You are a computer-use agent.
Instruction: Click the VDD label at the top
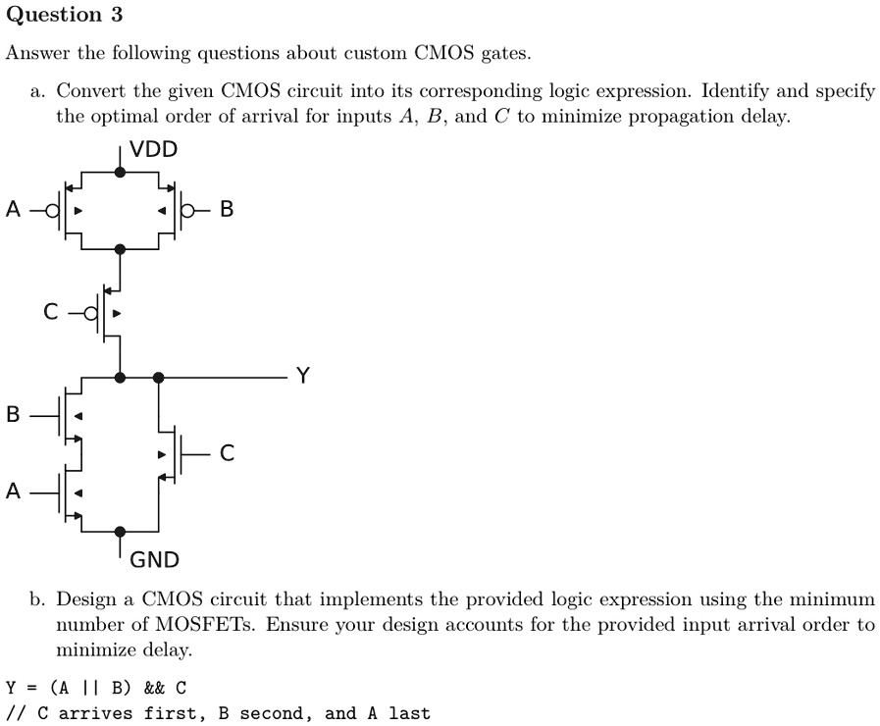(x=153, y=149)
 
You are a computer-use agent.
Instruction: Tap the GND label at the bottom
(x=154, y=560)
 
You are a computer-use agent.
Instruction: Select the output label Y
(x=303, y=375)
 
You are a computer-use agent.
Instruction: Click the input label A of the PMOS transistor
(x=13, y=209)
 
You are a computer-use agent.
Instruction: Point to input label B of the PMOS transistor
(x=227, y=209)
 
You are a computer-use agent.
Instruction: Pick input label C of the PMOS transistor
(x=50, y=311)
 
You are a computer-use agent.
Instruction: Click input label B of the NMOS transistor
(x=13, y=415)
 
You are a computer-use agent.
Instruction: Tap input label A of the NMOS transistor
(x=13, y=492)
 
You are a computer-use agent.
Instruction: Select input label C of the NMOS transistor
(x=227, y=452)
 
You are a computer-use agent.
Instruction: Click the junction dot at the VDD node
(x=120, y=172)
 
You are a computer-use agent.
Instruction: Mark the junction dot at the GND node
(x=120, y=532)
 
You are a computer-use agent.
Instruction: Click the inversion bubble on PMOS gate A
(x=52, y=211)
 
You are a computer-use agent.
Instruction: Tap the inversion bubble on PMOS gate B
(x=187, y=211)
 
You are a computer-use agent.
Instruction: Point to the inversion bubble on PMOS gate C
(x=91, y=313)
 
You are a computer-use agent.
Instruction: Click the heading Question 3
(x=64, y=15)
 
